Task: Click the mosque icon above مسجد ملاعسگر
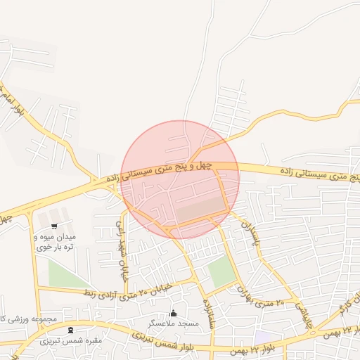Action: click(x=174, y=313)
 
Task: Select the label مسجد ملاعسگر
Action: click(x=174, y=323)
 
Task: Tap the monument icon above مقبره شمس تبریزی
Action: click(x=70, y=330)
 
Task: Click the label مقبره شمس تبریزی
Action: click(x=70, y=341)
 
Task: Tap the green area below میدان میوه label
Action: click(x=67, y=276)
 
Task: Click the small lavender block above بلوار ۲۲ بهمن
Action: click(x=262, y=338)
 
